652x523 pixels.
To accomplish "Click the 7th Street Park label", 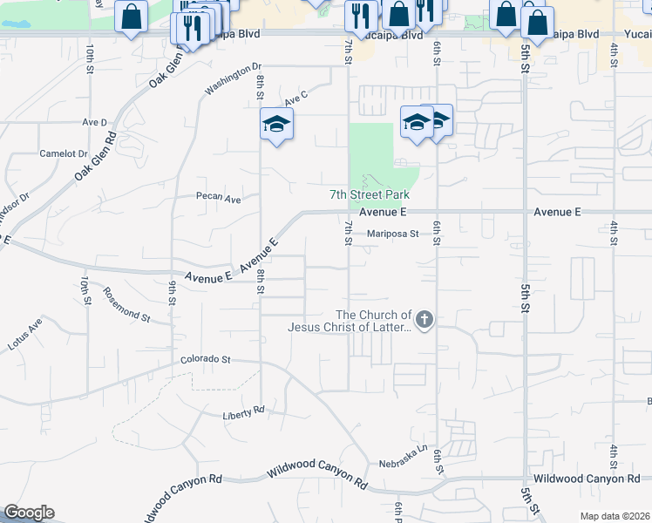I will [370, 195].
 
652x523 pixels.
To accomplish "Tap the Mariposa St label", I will [393, 234].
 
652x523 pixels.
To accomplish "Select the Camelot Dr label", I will [58, 153].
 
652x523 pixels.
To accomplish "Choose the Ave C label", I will [296, 98].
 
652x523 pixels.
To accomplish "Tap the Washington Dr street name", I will [233, 78].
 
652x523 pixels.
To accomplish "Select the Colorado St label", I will [205, 358].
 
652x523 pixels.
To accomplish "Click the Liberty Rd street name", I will [242, 411].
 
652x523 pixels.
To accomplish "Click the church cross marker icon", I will [424, 320].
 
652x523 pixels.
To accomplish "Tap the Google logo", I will [29, 513].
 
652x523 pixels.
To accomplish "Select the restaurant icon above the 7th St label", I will [359, 14].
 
